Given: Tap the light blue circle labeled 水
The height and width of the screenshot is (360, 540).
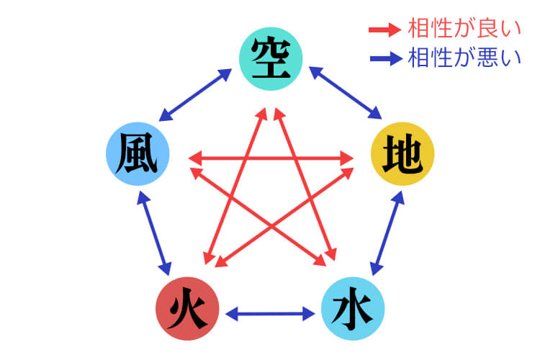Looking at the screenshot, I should pyautogui.click(x=352, y=310).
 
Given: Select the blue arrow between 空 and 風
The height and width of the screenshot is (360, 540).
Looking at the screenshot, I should pyautogui.click(x=195, y=94).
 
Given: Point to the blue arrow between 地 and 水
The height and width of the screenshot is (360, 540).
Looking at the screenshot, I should pyautogui.click(x=384, y=234).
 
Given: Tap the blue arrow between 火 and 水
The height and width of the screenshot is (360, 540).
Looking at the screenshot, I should pyautogui.click(x=270, y=314).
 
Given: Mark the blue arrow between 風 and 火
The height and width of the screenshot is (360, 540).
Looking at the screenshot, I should pyautogui.click(x=154, y=234).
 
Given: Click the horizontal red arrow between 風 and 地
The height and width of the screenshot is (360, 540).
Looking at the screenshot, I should pyautogui.click(x=270, y=156).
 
